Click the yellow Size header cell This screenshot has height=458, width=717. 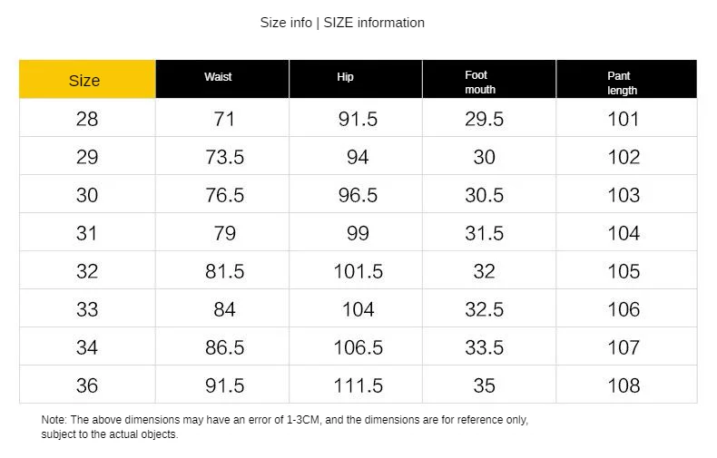click(87, 79)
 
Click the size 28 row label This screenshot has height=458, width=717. click(87, 120)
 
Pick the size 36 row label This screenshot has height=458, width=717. click(87, 385)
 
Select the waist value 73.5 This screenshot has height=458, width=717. click(224, 157)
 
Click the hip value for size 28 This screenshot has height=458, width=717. click(358, 120)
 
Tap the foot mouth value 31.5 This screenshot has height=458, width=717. click(485, 234)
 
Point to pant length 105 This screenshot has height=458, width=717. click(624, 271)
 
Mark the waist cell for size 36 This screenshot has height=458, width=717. click(224, 385)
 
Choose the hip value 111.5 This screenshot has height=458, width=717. click(358, 385)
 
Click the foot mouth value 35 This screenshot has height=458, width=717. click(485, 385)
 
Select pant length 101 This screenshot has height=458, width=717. click(623, 120)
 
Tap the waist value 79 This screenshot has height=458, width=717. click(224, 234)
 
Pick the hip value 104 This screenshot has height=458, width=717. click(358, 309)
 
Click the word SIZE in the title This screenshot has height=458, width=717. click(339, 23)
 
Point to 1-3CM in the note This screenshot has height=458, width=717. click(304, 420)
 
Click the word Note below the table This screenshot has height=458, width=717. click(54, 420)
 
